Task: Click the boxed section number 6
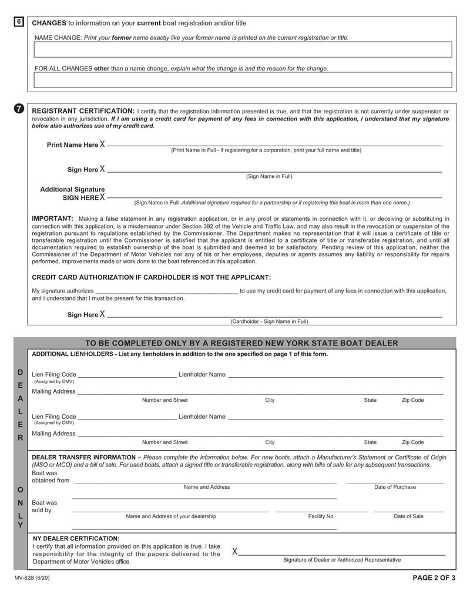19,22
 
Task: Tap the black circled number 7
19,109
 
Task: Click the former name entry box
243,49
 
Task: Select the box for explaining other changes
243,80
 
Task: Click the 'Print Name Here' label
72,145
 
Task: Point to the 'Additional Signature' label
72,190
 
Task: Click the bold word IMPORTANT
52,219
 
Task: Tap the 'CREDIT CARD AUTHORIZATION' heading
151,277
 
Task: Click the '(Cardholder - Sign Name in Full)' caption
269,322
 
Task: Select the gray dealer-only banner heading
241,343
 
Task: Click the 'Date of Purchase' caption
395,487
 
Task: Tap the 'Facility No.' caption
321,516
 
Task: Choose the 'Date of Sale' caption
408,516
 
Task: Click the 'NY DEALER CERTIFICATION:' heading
76,538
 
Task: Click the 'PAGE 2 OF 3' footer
434,577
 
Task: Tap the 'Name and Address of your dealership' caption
171,516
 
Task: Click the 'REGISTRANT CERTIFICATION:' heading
83,111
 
